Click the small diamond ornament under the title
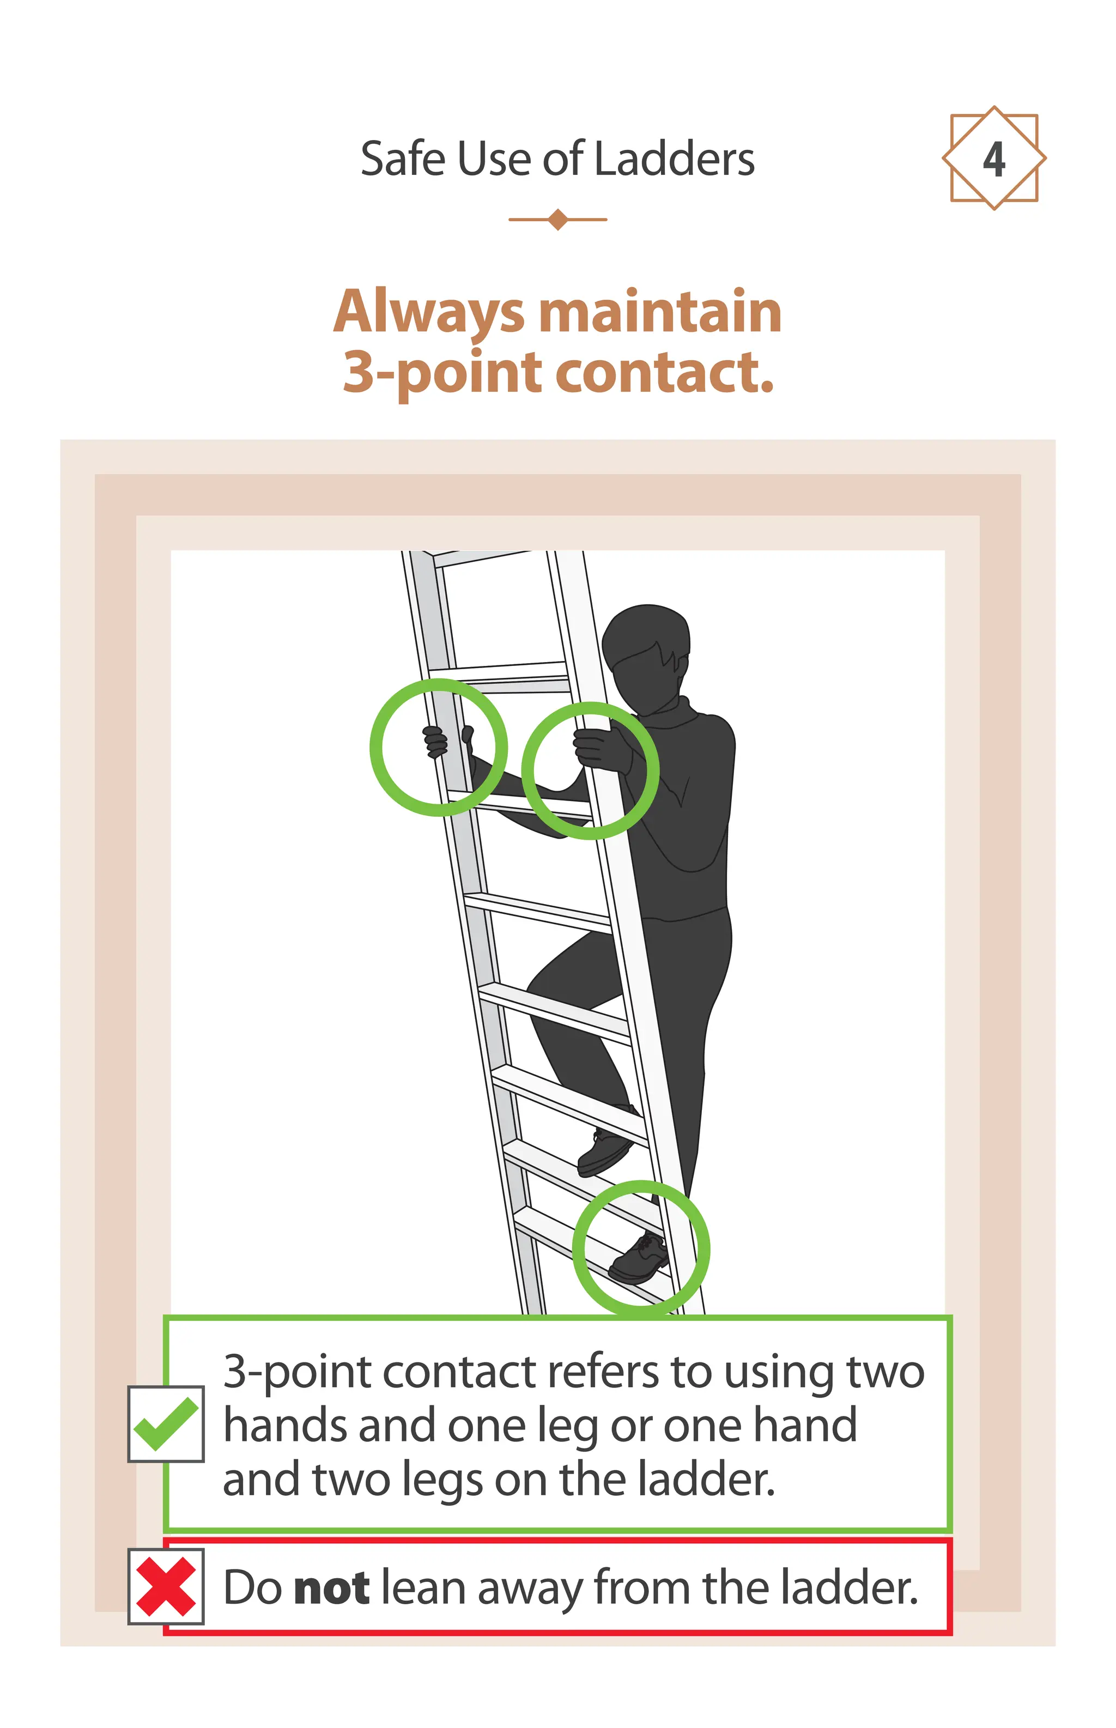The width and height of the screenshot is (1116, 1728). tap(557, 219)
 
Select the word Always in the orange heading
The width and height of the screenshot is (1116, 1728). tap(428, 313)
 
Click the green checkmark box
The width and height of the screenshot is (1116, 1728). tap(166, 1424)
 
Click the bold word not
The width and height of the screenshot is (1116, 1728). tap(332, 1587)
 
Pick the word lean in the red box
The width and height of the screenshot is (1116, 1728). tap(423, 1587)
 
